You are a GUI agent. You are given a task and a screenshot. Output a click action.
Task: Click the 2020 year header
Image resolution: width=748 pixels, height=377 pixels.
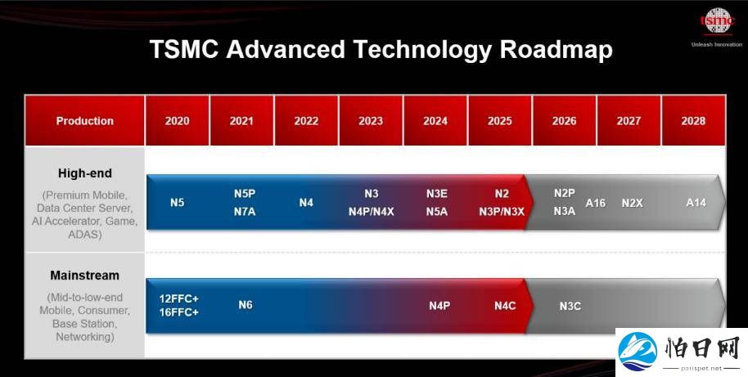click(x=177, y=120)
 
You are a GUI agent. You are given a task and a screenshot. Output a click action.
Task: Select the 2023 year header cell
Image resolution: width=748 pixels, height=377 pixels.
click(x=371, y=120)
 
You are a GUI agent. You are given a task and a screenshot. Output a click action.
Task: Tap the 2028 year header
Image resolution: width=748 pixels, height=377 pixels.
click(x=693, y=120)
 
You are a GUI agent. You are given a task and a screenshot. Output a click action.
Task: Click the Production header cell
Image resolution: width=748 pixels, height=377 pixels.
click(x=84, y=120)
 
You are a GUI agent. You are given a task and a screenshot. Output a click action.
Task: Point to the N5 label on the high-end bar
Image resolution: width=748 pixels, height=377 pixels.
click(x=177, y=203)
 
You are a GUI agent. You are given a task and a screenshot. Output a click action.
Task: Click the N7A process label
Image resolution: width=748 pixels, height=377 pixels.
click(x=244, y=212)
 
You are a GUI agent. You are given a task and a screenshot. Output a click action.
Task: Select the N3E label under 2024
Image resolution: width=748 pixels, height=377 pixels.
click(x=436, y=194)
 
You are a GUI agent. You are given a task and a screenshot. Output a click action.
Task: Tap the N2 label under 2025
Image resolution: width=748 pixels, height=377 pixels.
click(x=502, y=194)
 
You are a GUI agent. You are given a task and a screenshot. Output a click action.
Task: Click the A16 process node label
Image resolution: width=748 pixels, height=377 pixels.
click(x=595, y=203)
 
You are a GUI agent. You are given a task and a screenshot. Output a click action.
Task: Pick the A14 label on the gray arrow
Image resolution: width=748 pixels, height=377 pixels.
click(x=696, y=203)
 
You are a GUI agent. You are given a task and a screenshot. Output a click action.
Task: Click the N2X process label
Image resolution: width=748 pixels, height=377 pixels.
click(x=632, y=203)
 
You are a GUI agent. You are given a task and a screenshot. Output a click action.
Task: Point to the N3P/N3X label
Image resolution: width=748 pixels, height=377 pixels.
click(x=502, y=212)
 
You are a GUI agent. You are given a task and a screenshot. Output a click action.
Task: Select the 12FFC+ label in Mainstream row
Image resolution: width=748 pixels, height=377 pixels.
click(x=179, y=298)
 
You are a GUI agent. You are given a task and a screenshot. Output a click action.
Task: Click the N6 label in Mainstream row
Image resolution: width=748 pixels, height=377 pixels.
click(x=246, y=304)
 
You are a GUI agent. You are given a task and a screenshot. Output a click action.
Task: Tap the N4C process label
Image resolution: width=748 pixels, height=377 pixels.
click(x=505, y=306)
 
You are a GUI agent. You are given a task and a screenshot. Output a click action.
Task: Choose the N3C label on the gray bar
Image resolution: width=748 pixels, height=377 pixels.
click(x=570, y=306)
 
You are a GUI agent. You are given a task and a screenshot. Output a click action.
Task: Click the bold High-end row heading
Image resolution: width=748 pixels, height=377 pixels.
click(x=85, y=173)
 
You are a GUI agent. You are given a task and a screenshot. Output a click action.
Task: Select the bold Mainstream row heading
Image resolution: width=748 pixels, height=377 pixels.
click(x=84, y=276)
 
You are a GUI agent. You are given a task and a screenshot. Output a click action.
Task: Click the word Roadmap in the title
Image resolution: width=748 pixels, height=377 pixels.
click(x=556, y=50)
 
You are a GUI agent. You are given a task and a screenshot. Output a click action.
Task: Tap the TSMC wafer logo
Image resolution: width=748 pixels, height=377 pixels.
click(x=718, y=21)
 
